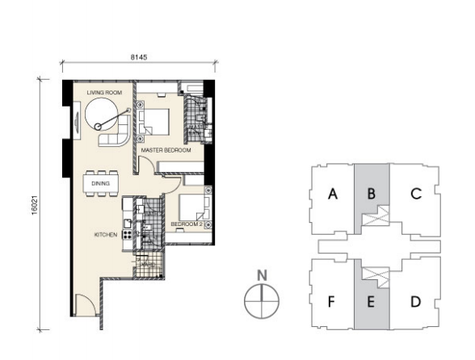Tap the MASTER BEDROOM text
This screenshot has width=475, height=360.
point(165,150)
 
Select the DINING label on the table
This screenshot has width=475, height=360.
point(101,182)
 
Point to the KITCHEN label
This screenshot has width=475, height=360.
point(105,235)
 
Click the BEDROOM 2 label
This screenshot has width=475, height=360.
point(187,224)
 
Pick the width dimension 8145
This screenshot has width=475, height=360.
point(139,57)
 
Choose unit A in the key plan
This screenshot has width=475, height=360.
point(332,194)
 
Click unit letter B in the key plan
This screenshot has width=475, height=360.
point(372,194)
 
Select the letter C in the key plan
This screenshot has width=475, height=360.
point(415,194)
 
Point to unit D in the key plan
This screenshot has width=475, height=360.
point(415,302)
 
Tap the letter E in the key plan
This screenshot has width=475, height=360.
point(372,303)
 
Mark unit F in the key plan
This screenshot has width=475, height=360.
point(332,303)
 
